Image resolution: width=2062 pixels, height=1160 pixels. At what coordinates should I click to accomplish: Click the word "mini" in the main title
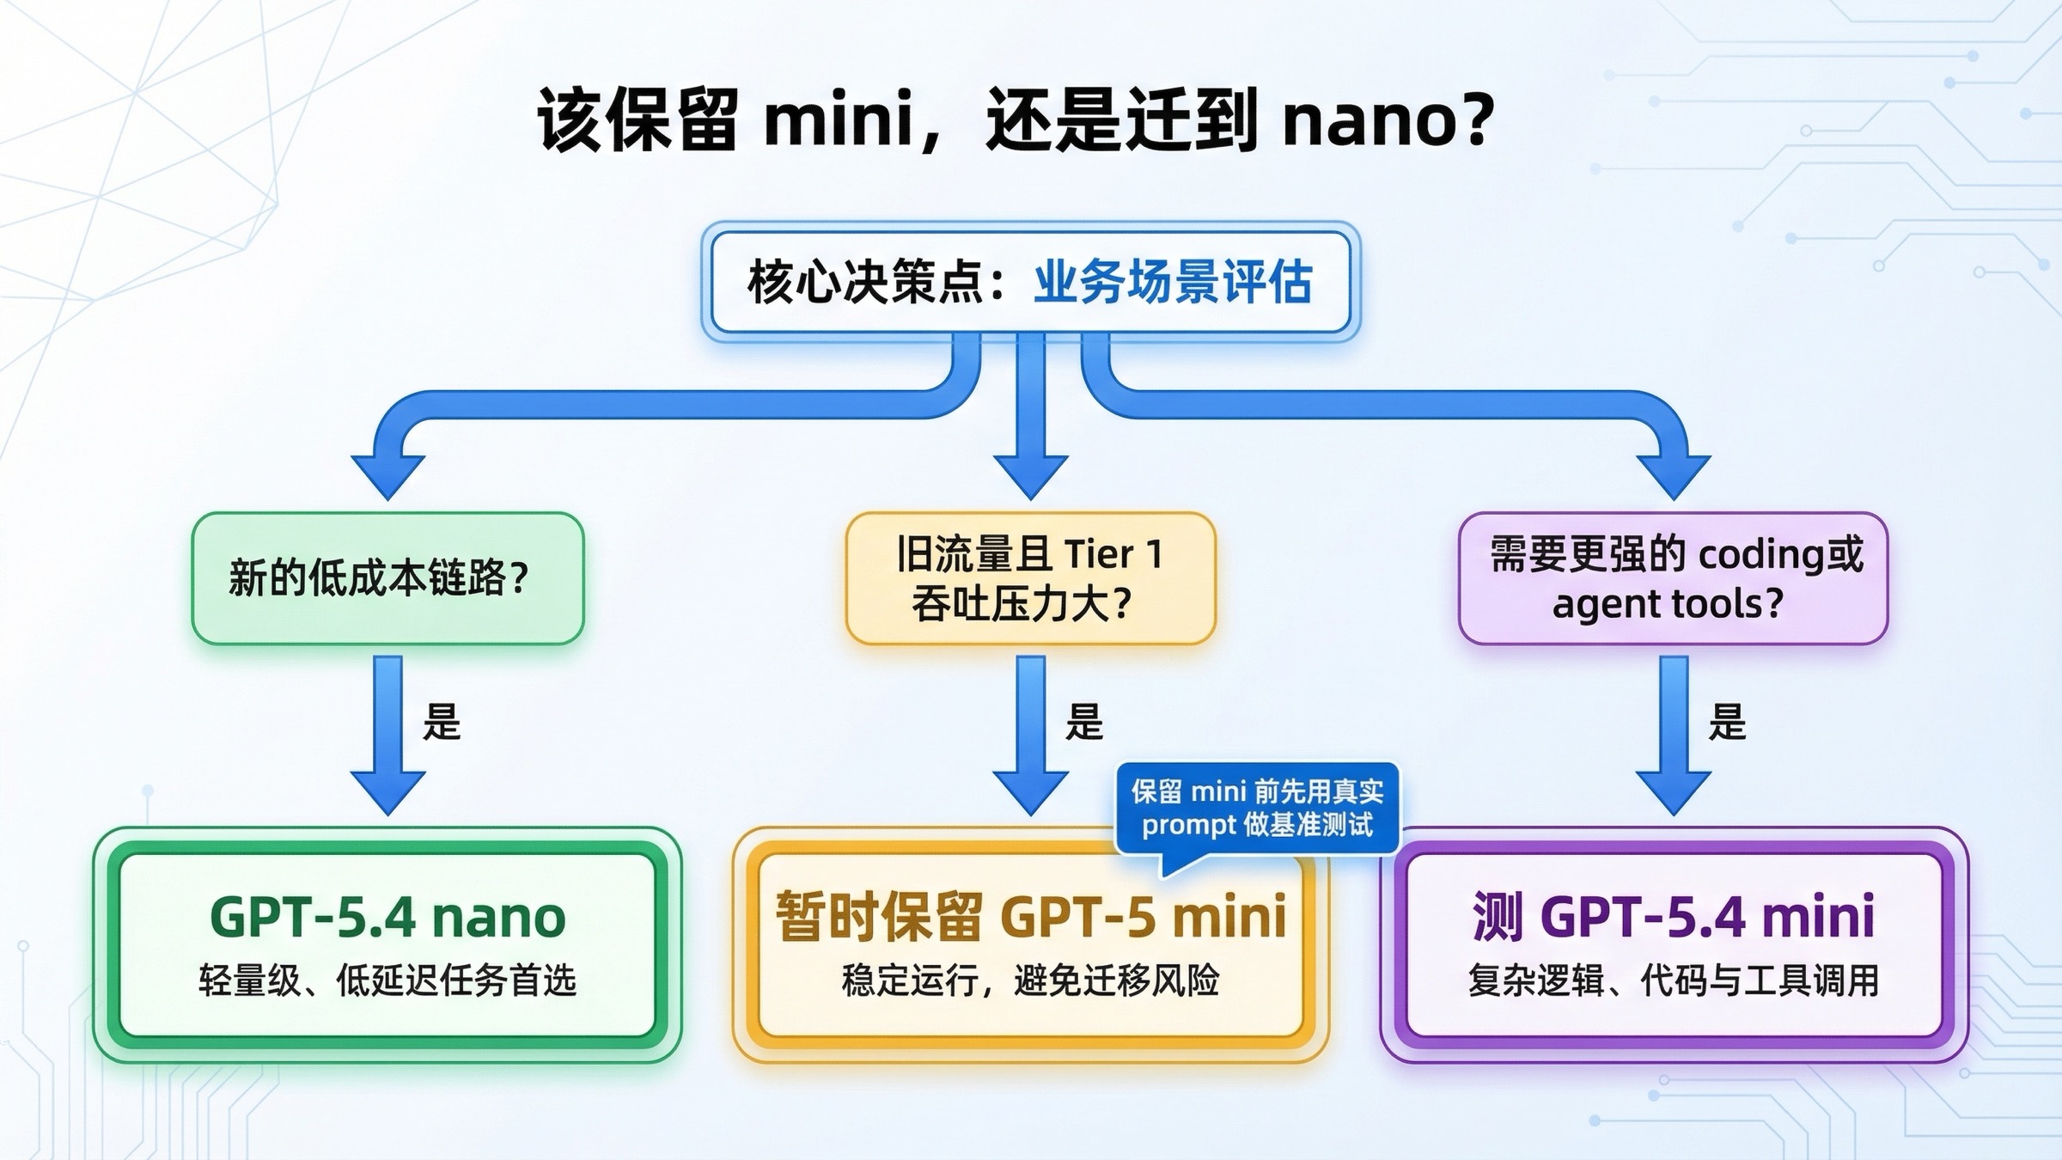pos(838,119)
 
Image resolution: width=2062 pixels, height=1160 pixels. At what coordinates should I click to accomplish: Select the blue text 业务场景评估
pos(1172,282)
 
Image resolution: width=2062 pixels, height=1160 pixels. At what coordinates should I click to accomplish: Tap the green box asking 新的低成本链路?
pos(387,577)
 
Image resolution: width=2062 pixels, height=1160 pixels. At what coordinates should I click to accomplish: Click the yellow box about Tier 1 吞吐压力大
pos(1030,577)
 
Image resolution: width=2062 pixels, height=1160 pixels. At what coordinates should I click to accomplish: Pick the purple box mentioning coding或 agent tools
pos(1673,577)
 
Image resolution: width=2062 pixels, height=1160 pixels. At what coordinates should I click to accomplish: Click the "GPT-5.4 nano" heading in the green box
pos(387,917)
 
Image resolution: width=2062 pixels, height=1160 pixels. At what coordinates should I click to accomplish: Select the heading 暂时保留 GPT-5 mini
pos(1030,917)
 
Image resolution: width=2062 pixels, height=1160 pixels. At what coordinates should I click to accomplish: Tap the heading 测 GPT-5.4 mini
pos(1673,917)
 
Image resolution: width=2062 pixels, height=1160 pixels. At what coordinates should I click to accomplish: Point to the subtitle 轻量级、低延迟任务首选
pos(387,980)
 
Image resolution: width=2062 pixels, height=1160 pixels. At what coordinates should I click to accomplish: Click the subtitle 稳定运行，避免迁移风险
pos(1030,980)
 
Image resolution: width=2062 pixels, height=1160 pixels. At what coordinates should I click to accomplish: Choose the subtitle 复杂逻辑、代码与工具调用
pos(1673,980)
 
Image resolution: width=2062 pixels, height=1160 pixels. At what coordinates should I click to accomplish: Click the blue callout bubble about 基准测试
pos(1257,808)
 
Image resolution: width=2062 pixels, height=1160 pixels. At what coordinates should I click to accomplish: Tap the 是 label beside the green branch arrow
pos(442,722)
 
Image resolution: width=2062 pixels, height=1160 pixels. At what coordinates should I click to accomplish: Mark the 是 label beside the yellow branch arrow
pos(1083,722)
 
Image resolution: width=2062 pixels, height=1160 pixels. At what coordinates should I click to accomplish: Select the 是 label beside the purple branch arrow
pos(1727,722)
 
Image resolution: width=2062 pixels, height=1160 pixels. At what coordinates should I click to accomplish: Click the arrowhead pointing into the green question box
pos(387,477)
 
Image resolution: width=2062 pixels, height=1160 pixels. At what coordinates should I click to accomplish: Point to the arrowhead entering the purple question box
pos(1673,477)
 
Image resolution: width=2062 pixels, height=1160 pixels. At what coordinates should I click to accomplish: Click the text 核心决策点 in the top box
pos(866,282)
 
